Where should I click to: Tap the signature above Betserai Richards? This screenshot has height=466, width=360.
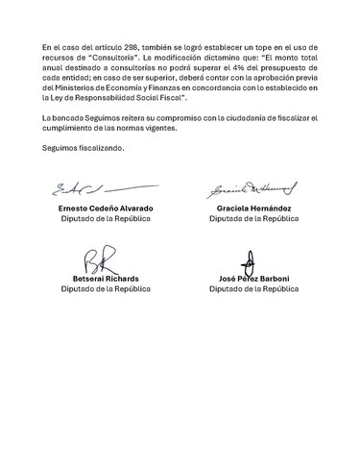coord(94,261)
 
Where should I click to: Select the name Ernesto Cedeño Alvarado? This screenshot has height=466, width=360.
coord(94,208)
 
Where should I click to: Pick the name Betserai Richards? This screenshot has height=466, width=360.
coord(94,280)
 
